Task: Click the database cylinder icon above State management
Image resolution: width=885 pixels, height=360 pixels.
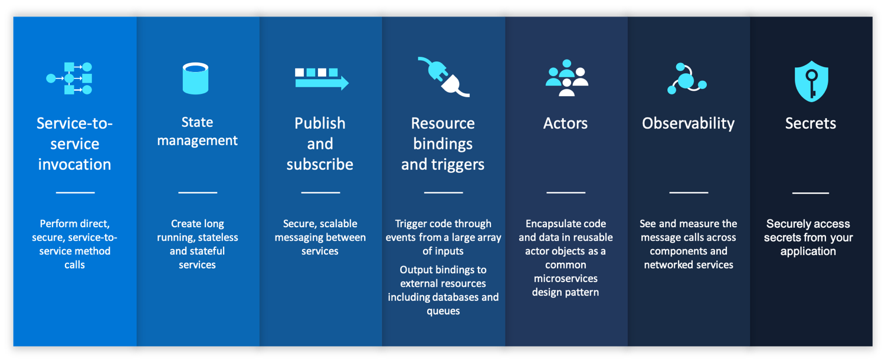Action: [x=195, y=78]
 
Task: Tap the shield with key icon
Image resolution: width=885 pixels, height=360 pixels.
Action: [x=811, y=81]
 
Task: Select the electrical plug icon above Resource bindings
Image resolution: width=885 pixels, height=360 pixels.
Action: [x=443, y=77]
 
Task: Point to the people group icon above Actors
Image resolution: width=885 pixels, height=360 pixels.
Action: [x=566, y=78]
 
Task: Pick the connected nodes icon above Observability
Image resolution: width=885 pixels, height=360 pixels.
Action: [x=687, y=78]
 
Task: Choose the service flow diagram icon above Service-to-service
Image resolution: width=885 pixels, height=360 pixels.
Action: [x=70, y=78]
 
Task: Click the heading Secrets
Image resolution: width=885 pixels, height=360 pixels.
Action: [x=810, y=123]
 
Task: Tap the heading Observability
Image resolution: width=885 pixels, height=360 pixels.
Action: [x=688, y=123]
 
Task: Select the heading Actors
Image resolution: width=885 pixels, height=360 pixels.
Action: [x=565, y=123]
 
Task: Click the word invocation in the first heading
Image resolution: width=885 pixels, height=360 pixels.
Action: [x=74, y=164]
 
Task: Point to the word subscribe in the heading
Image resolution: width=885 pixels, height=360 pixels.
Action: [x=320, y=164]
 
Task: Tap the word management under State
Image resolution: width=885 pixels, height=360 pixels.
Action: [x=198, y=140]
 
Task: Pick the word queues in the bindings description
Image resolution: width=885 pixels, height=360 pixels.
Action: [x=443, y=310]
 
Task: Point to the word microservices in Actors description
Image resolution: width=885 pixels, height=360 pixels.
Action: [x=565, y=278]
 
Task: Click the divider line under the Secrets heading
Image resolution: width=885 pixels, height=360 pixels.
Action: [x=810, y=192]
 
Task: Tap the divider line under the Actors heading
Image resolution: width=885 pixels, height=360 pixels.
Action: [x=565, y=192]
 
